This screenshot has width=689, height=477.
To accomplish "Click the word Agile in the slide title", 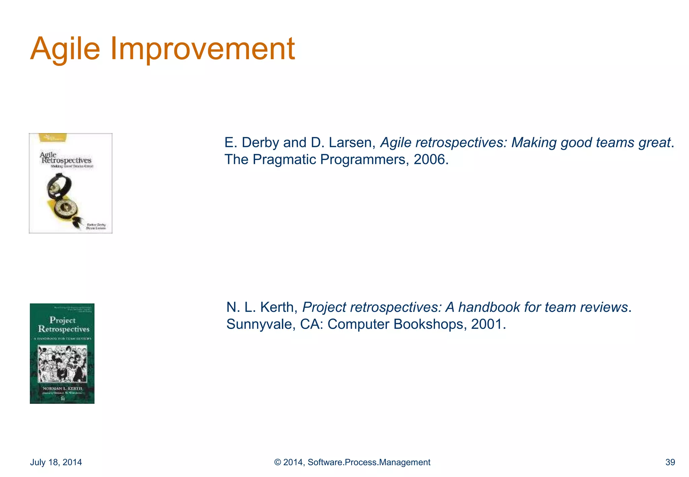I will (x=65, y=49).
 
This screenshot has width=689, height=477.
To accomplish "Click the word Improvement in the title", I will (x=203, y=49).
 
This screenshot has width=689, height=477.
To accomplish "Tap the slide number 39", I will (x=670, y=462).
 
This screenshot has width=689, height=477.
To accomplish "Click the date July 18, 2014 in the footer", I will (x=56, y=462).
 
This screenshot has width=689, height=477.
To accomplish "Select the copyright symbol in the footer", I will (x=278, y=462).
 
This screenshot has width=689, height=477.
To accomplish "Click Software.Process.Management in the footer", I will (x=369, y=462).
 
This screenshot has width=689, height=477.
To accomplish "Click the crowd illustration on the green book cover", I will (x=62, y=364).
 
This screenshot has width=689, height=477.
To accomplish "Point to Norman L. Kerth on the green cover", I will (x=62, y=388).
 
